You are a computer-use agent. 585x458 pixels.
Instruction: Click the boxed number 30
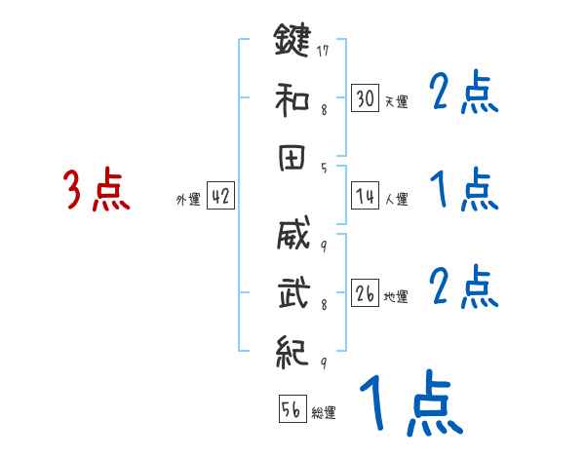click(x=366, y=97)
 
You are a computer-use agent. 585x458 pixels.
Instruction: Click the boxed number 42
click(x=220, y=196)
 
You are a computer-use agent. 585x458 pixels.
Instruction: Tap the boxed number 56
click(x=292, y=409)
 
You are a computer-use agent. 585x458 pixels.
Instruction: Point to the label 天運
click(x=396, y=101)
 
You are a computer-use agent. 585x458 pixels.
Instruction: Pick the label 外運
click(x=188, y=200)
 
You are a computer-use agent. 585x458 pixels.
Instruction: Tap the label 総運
click(x=324, y=413)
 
